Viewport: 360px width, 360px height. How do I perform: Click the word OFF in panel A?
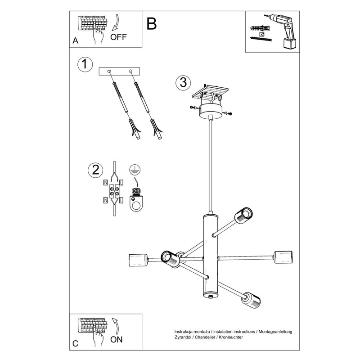tap(118, 37)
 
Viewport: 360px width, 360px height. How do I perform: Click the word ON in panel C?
tap(117, 339)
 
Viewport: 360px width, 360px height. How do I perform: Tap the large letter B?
tap(152, 24)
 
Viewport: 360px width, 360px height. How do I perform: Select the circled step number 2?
tap(95, 170)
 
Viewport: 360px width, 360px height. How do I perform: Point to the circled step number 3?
tap(182, 82)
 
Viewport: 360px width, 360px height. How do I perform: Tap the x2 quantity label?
tap(262, 34)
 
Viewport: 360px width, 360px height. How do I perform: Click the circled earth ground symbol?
tap(134, 170)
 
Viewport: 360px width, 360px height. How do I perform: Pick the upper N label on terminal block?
tap(105, 183)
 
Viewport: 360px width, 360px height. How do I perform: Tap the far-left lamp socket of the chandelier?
tap(138, 260)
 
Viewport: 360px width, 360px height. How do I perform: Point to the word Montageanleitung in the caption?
tap(275, 331)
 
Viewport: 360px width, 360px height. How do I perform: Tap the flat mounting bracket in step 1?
tap(120, 71)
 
